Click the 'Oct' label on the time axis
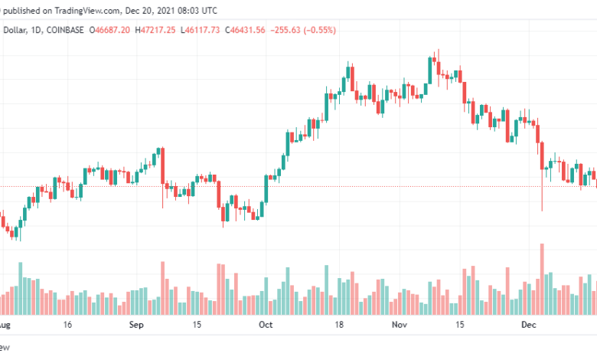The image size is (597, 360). point(266,325)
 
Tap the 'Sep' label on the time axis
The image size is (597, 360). point(135,325)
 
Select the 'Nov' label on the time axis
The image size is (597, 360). point(398,325)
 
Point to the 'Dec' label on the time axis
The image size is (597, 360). point(527,325)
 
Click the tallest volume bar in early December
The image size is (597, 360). point(542,279)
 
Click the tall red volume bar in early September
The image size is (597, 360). point(162,287)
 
